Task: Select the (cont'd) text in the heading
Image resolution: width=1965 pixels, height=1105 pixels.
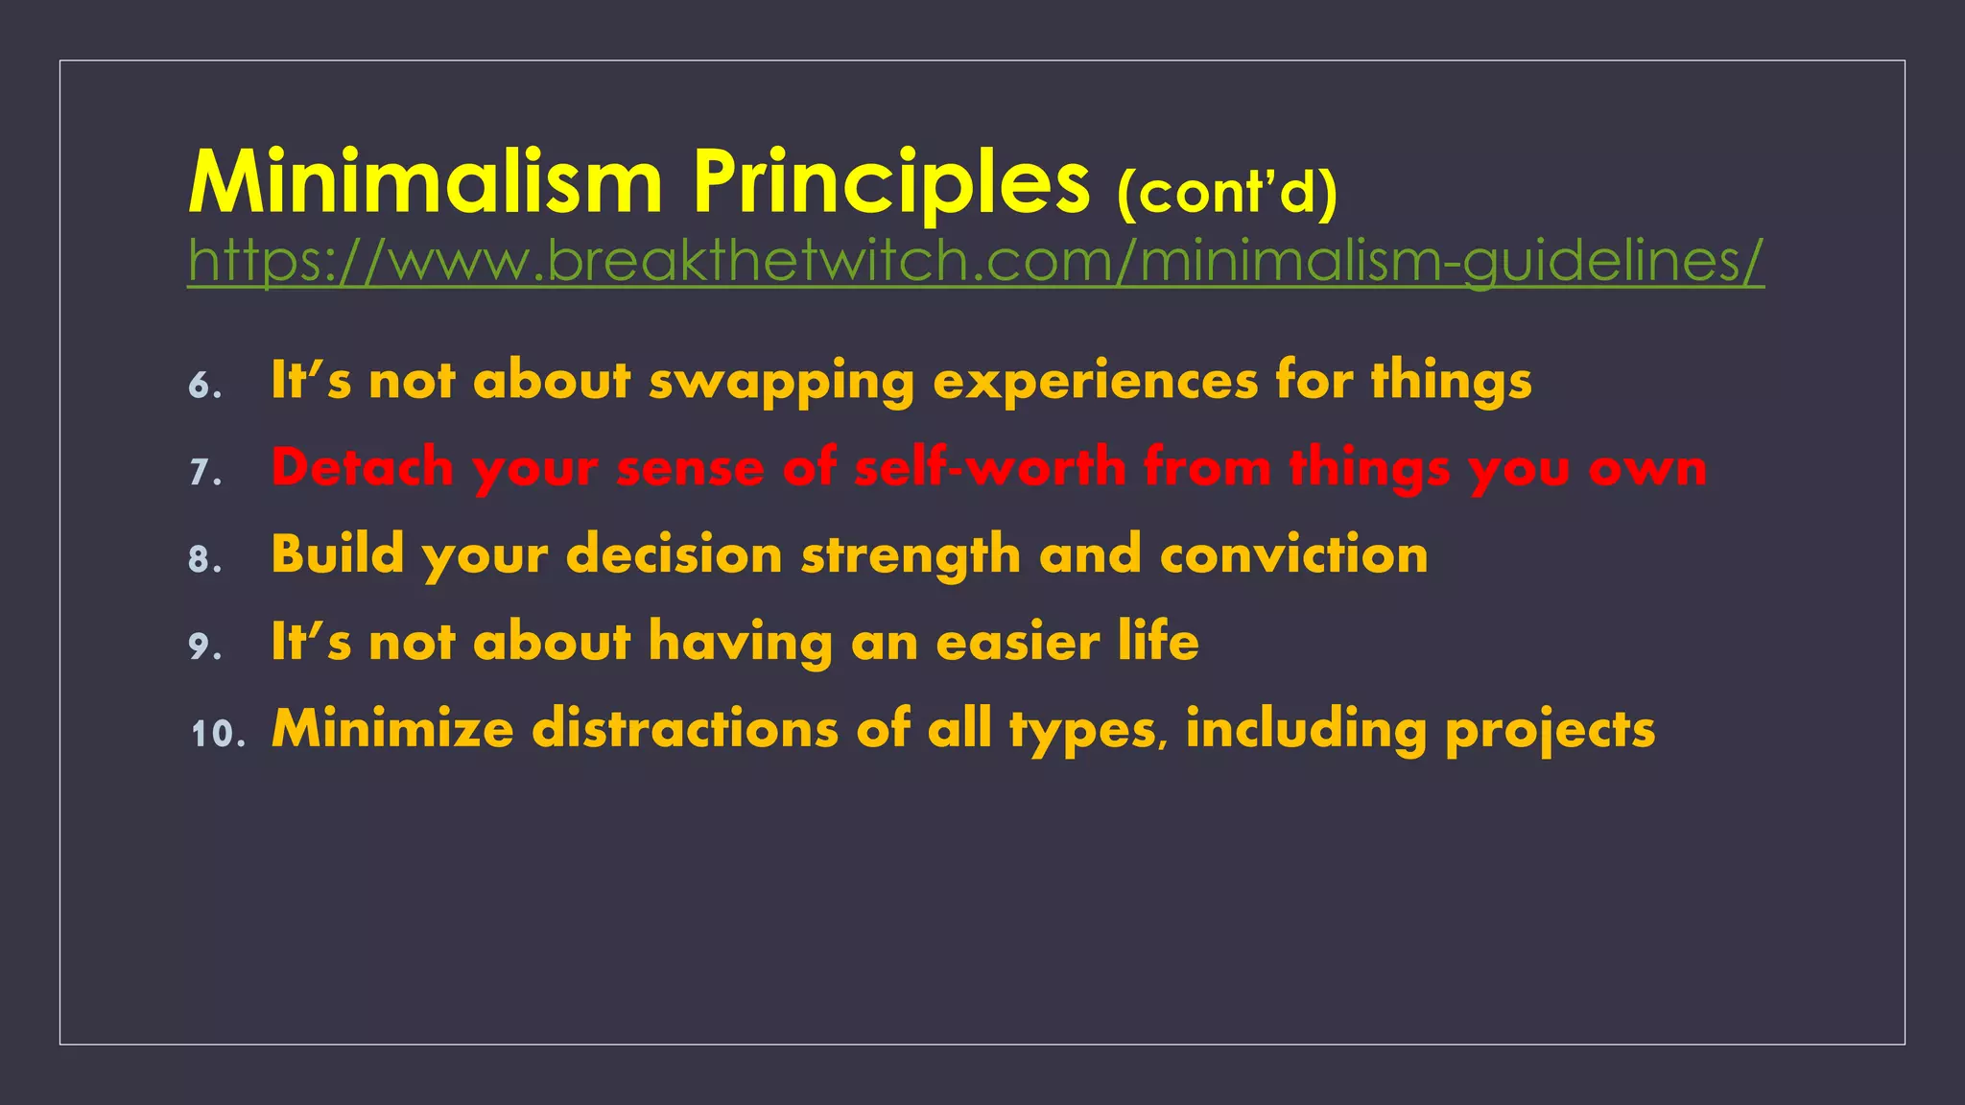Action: (x=1227, y=193)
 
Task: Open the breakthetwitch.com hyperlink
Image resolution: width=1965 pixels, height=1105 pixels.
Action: (x=975, y=261)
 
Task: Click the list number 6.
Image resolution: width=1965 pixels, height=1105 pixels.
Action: (x=204, y=386)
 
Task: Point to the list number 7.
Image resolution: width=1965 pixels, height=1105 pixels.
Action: (x=204, y=473)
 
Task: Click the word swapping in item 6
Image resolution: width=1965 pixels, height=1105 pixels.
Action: (x=781, y=382)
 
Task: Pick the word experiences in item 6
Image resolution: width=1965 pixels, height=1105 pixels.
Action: (x=1095, y=382)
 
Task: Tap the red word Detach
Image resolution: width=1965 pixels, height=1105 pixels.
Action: (x=362, y=468)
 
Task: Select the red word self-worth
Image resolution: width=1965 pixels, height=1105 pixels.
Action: (x=989, y=468)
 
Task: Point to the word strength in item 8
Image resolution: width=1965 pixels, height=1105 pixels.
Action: (x=911, y=556)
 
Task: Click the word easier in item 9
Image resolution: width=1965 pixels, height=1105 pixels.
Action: (x=1017, y=643)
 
